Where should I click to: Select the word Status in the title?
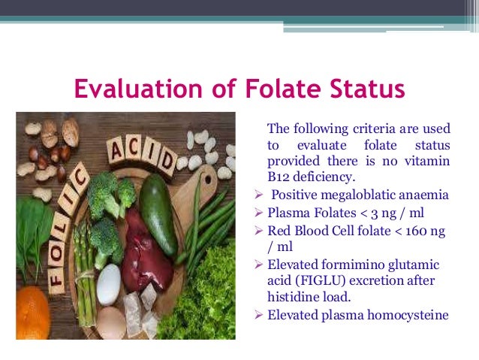coord(366,90)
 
